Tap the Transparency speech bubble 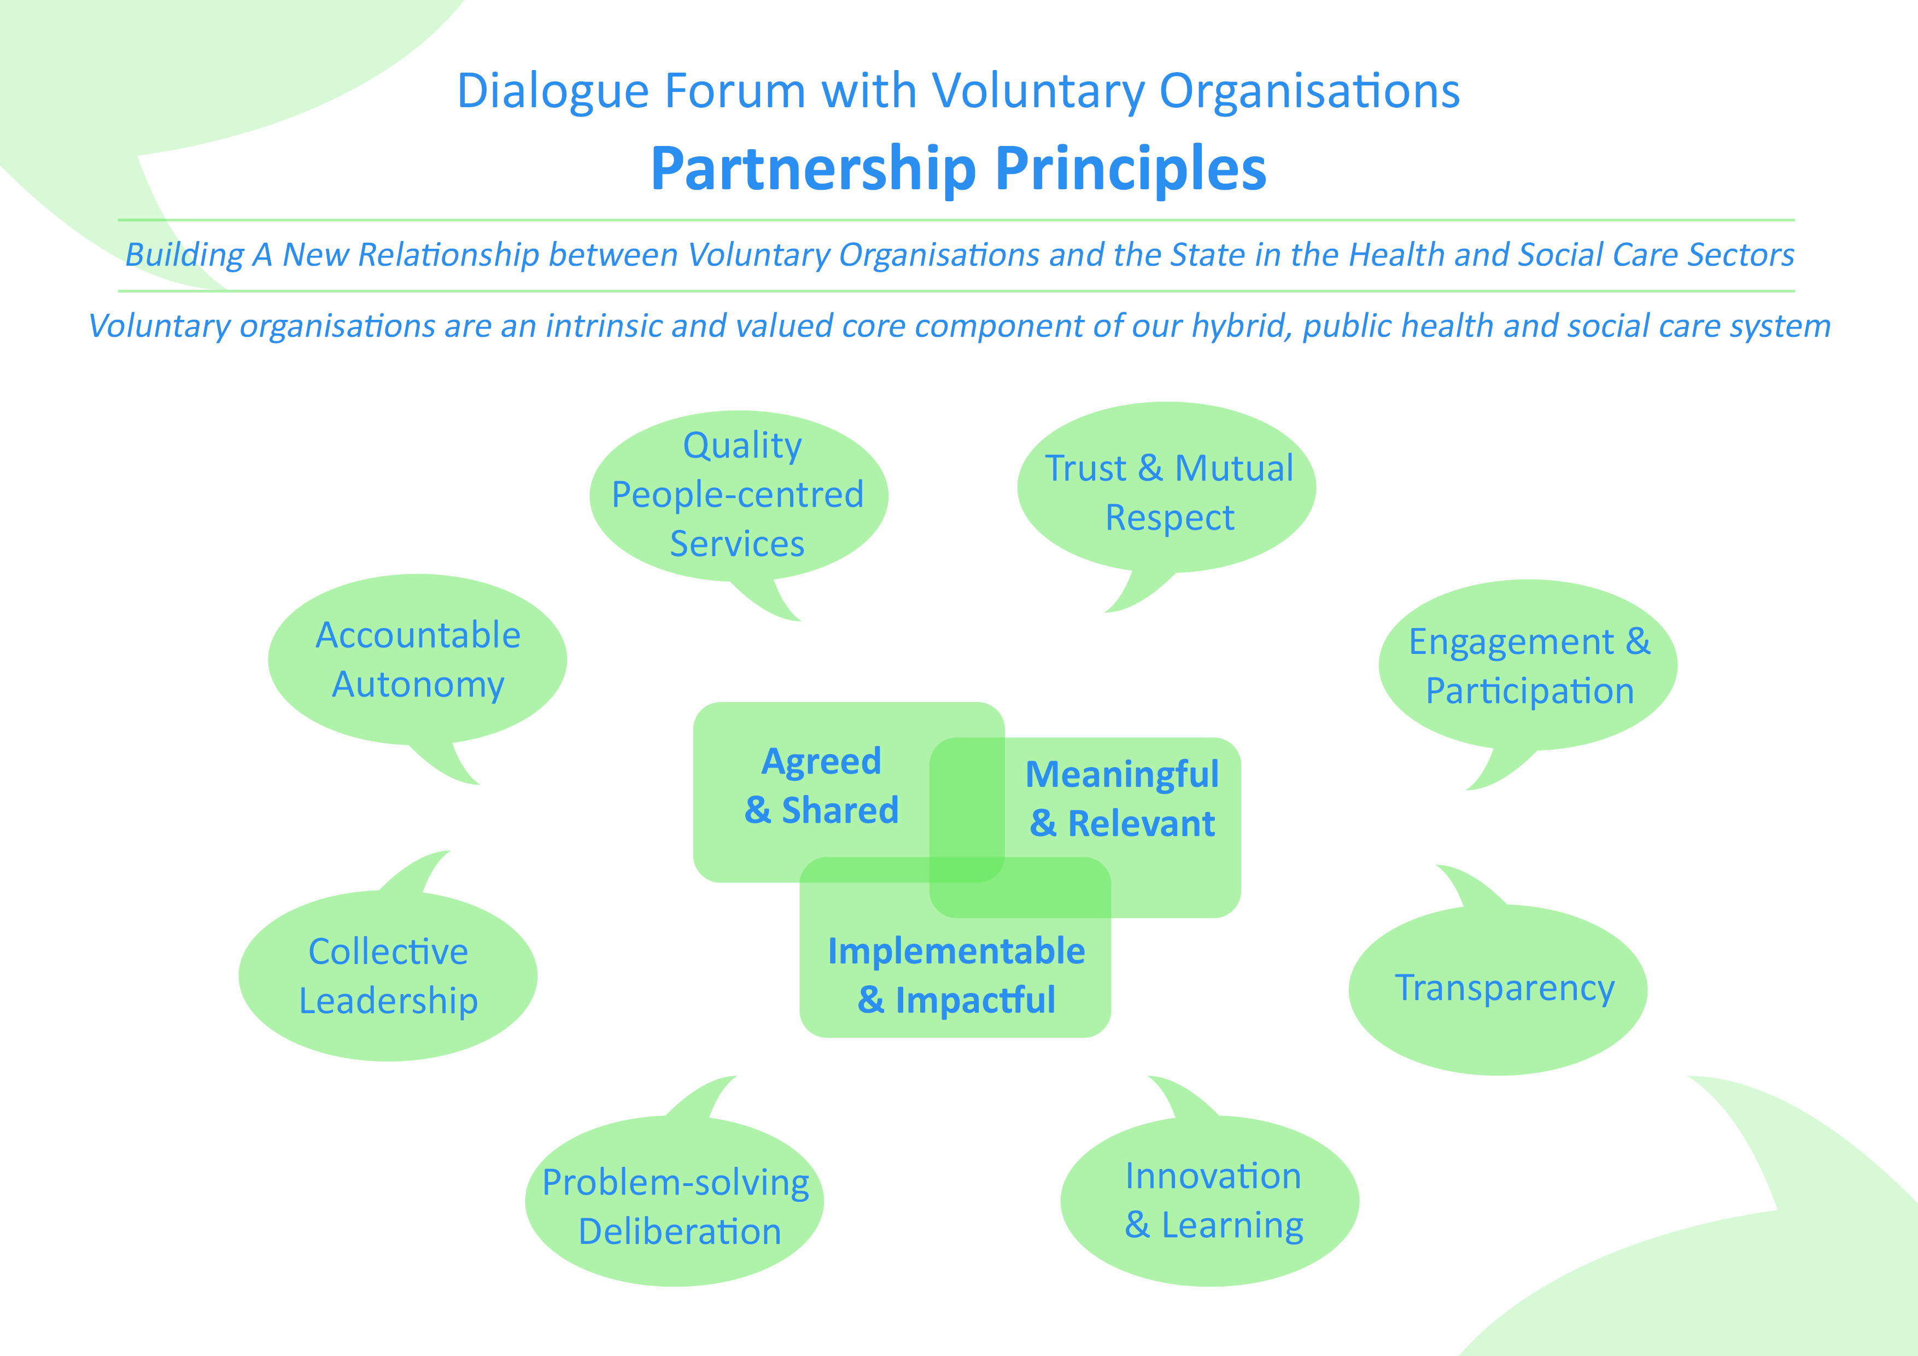click(x=1504, y=989)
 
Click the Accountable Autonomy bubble click(x=418, y=660)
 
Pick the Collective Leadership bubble click(x=388, y=976)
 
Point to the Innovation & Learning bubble click(x=1212, y=1201)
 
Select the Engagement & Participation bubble click(x=1529, y=666)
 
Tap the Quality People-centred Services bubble click(x=739, y=495)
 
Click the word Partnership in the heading click(x=813, y=169)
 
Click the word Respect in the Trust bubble click(x=1169, y=518)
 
